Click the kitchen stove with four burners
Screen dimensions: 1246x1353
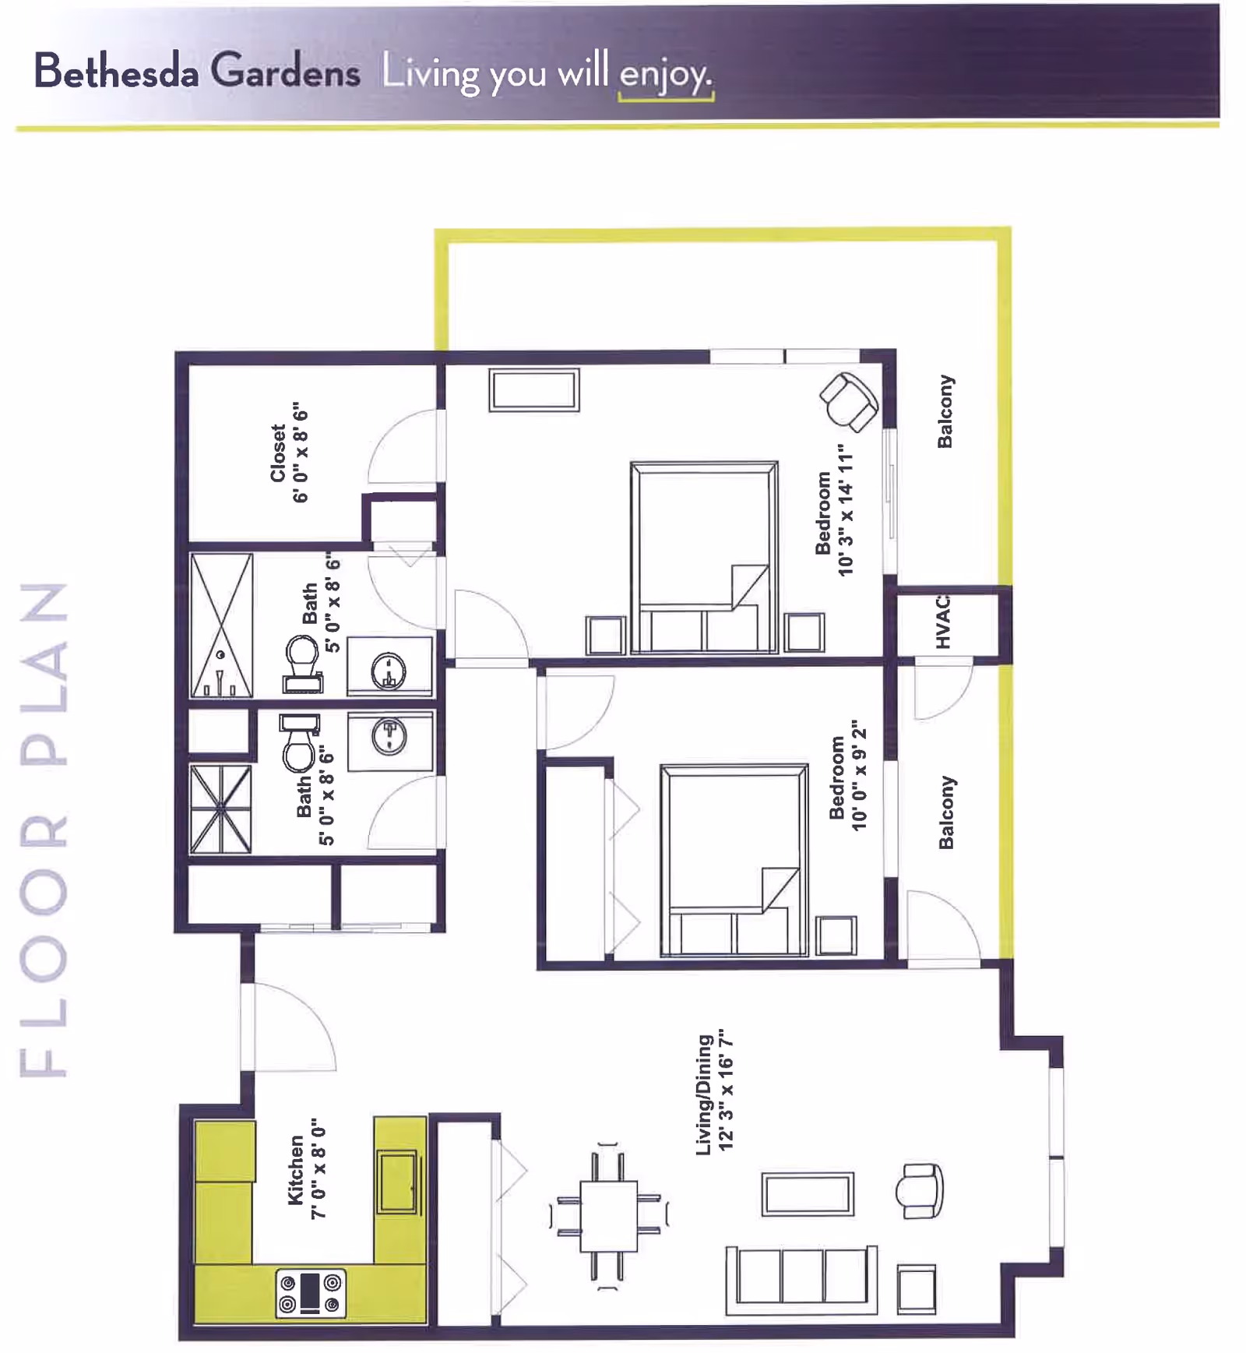click(x=311, y=1292)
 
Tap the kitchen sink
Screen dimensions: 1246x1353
click(x=399, y=1182)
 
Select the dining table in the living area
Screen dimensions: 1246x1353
click(x=609, y=1216)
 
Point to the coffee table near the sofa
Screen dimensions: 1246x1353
click(x=808, y=1193)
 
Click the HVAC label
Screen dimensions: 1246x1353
click(x=942, y=621)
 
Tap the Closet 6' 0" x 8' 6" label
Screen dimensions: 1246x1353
click(x=289, y=453)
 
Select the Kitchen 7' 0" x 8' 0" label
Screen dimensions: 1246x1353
click(x=307, y=1170)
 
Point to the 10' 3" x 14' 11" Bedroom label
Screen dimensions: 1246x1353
click(x=835, y=510)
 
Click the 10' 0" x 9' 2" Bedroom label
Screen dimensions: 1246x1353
click(x=848, y=776)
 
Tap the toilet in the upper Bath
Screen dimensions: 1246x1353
click(x=302, y=664)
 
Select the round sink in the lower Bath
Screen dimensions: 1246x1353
click(x=389, y=736)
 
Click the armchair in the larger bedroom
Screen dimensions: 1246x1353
click(x=849, y=400)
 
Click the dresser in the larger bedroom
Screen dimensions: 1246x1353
click(x=534, y=389)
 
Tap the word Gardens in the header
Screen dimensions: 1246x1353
click(x=285, y=71)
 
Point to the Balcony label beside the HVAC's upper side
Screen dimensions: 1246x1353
click(x=945, y=411)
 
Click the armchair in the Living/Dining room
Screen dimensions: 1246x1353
click(x=920, y=1190)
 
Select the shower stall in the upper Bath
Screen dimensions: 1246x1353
click(x=222, y=625)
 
